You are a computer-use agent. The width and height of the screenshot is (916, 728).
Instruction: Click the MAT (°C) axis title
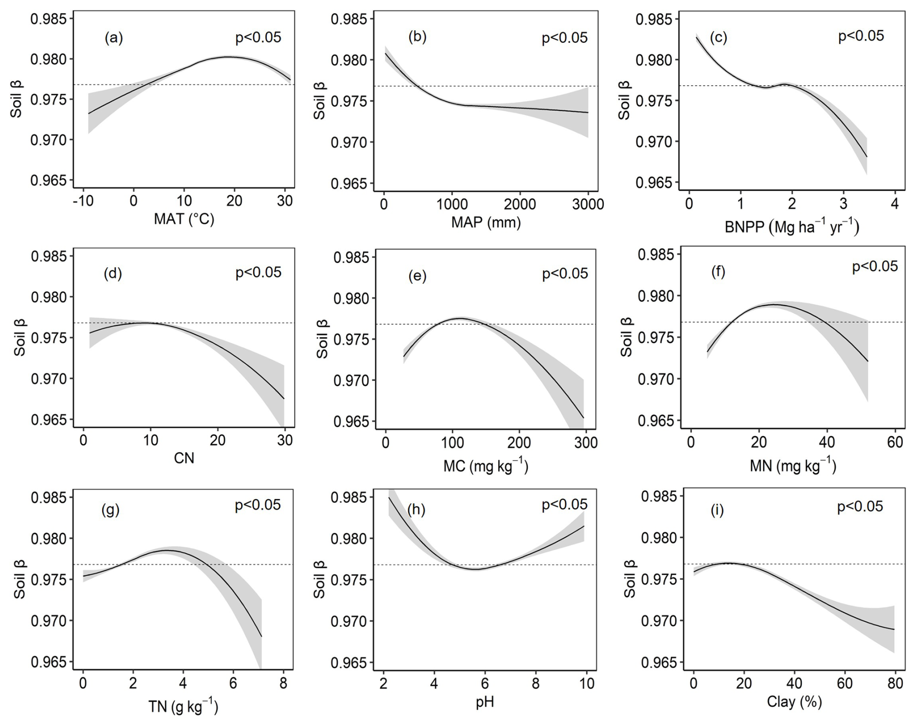point(184,219)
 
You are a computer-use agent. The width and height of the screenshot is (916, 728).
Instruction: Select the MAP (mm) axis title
point(486,222)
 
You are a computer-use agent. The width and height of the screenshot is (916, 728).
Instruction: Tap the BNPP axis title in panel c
point(792,227)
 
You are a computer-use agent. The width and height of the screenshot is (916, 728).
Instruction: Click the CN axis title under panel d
point(184,458)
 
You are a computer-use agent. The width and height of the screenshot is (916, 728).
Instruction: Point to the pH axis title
point(485,702)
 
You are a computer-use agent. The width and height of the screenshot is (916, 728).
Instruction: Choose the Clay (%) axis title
point(794,701)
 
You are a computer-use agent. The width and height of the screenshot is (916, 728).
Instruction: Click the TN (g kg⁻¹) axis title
point(183,707)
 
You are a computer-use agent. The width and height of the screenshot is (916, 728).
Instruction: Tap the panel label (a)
point(114,38)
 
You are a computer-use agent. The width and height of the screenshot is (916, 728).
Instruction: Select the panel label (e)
point(417,276)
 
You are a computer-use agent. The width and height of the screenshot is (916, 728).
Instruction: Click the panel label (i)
point(717,510)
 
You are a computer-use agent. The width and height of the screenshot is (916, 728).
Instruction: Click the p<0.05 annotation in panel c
point(861,36)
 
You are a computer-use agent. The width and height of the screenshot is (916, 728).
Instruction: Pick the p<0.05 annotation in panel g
point(258,505)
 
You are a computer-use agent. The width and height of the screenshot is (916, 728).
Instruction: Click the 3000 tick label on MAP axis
point(587,204)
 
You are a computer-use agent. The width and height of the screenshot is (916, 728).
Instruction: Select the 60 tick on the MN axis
point(895,442)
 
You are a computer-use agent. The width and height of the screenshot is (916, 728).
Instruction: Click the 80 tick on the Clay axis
point(895,683)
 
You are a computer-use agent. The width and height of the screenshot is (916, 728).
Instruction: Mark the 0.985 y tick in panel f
point(656,255)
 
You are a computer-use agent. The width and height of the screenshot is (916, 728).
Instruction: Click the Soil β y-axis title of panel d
point(19,338)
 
